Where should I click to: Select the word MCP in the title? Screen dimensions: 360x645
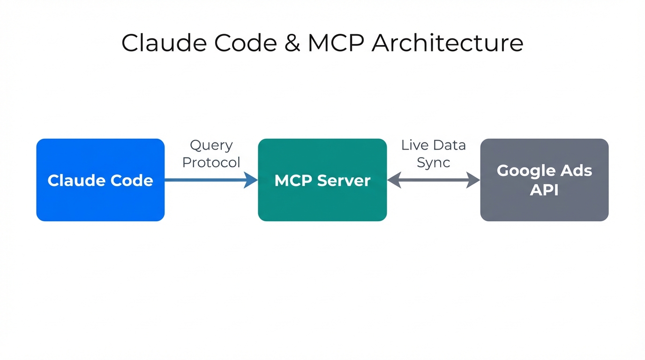[336, 43]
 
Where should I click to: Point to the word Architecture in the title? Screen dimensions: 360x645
[447, 43]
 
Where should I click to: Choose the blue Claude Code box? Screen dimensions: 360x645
[100, 180]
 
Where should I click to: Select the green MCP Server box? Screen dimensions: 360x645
[322, 180]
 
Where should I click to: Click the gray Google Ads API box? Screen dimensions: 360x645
[544, 180]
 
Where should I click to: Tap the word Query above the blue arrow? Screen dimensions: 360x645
[211, 146]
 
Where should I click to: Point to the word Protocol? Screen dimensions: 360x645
[211, 163]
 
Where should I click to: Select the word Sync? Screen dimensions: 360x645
[434, 163]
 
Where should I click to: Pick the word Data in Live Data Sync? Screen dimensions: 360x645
[449, 145]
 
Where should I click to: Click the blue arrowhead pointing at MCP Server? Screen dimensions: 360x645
[251, 180]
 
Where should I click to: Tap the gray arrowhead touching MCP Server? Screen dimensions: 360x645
[394, 180]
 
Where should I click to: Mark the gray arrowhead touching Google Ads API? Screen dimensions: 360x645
[473, 180]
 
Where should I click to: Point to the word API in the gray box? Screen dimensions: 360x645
[544, 190]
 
